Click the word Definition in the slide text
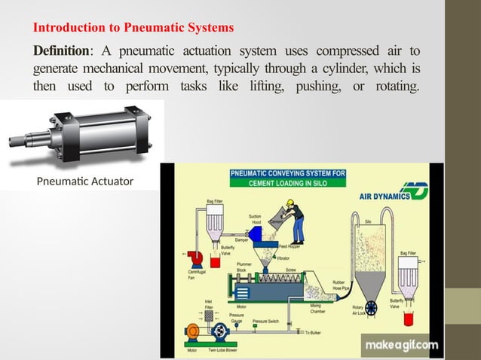61,50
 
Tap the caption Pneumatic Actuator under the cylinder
84,182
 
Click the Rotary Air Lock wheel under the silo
370,308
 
